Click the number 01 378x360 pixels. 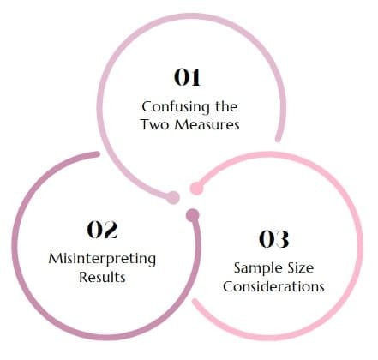click(187, 77)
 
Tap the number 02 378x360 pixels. click(102, 230)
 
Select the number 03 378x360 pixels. click(273, 239)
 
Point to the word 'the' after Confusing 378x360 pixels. click(226, 106)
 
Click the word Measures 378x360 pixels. click(207, 124)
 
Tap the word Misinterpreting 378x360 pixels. click(102, 260)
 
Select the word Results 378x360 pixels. click(102, 277)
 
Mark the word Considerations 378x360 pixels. click(273, 286)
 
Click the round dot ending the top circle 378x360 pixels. click(173, 197)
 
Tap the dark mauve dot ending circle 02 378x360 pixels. click(193, 215)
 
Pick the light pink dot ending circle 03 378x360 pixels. click(196, 189)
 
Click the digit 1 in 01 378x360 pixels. click(195, 77)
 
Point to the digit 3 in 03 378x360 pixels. click(282, 239)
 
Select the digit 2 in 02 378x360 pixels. click(110, 230)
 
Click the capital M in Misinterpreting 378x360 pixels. click(56, 258)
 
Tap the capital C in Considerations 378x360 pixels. click(229, 286)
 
